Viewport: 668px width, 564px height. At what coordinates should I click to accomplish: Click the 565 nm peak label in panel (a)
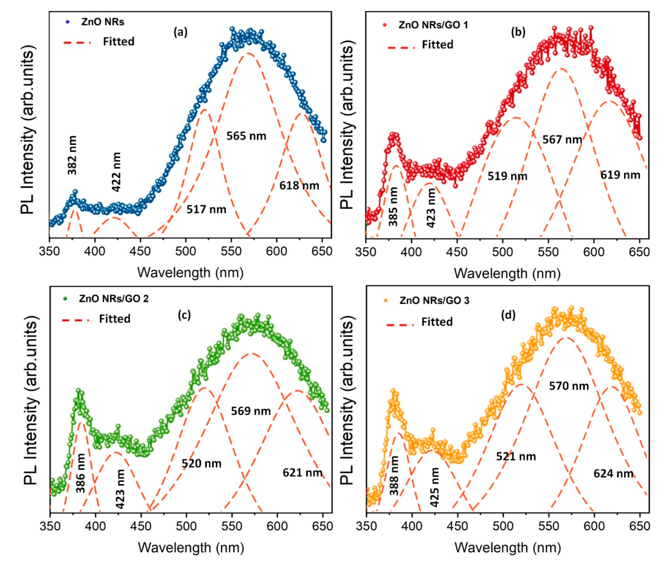(x=246, y=136)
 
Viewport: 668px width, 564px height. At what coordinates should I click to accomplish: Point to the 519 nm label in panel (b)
(x=507, y=176)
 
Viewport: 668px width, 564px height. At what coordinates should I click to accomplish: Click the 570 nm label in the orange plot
(x=569, y=386)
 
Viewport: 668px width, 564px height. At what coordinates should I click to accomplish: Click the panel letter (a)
(x=181, y=32)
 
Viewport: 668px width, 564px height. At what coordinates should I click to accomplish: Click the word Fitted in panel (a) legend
(x=119, y=42)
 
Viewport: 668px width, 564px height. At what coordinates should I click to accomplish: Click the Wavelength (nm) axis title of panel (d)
(x=508, y=548)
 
